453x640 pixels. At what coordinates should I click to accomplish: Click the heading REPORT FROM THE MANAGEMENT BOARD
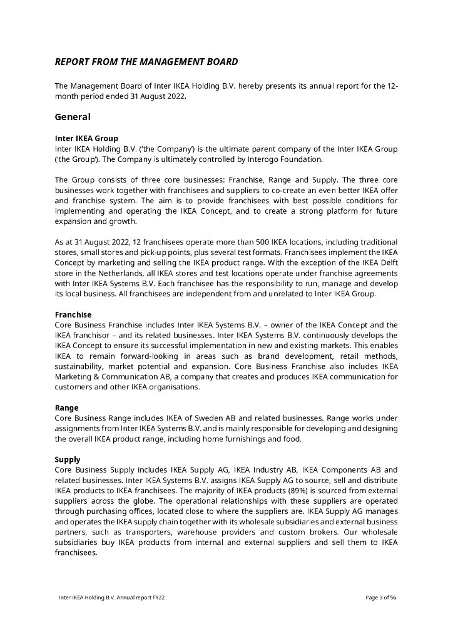coord(146,62)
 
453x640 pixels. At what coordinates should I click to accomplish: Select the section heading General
coord(73,117)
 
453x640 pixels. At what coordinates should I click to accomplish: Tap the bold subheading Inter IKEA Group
coord(86,138)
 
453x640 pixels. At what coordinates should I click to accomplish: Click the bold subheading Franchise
coord(73,315)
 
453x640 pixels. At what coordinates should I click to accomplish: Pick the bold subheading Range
coord(67,408)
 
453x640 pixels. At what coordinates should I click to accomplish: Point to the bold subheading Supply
coord(68,460)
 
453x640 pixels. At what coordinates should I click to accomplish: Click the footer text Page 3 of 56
coord(381,597)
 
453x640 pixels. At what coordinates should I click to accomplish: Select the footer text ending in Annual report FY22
coord(112,597)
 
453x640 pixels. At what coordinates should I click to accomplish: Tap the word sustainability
coord(78,366)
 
